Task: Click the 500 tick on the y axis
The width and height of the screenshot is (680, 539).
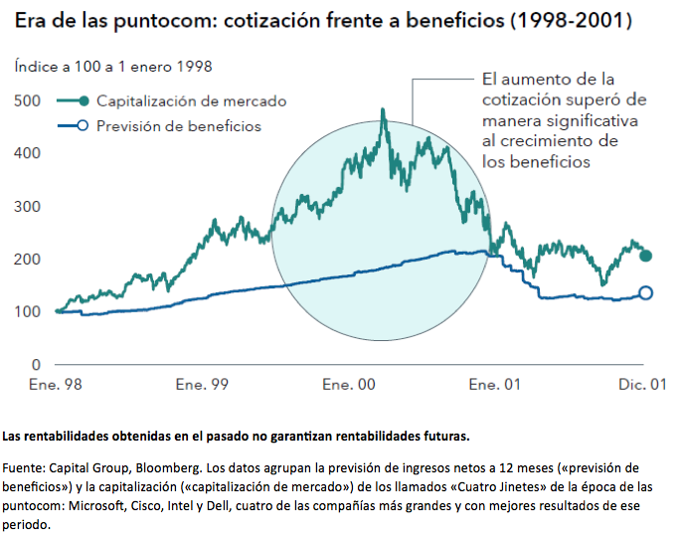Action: [28, 101]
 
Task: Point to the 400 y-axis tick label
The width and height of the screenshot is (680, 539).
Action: [28, 153]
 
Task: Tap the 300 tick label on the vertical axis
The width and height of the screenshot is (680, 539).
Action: [28, 206]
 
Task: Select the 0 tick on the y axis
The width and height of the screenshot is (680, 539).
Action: [36, 364]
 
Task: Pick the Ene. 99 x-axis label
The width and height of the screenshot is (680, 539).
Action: [205, 383]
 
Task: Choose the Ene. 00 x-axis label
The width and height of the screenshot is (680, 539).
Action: [350, 383]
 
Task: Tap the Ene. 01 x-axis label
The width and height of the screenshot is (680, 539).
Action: [495, 383]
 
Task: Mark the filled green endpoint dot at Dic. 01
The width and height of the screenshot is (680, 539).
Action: [645, 257]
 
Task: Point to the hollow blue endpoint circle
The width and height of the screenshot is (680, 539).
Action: [645, 292]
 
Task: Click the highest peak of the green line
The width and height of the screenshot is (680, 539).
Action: [384, 109]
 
